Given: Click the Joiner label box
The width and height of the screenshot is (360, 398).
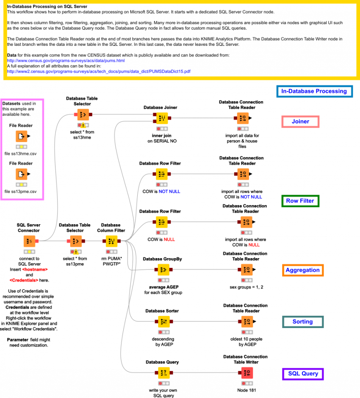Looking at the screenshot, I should pyautogui.click(x=300, y=122).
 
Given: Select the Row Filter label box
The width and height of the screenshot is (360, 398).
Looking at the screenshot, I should pyautogui.click(x=300, y=201).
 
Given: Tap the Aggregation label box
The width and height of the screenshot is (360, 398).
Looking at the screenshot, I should pyautogui.click(x=302, y=270).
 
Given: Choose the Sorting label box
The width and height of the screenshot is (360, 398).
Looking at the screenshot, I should pyautogui.click(x=302, y=322).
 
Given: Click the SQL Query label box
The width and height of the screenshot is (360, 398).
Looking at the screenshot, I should pyautogui.click(x=303, y=374).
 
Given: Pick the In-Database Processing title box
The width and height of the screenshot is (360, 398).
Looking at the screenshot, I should pyautogui.click(x=314, y=91).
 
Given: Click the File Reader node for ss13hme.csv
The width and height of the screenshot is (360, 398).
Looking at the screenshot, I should pyautogui.click(x=22, y=136).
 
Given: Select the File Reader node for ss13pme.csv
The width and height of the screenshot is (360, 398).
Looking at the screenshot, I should pyautogui.click(x=22, y=174).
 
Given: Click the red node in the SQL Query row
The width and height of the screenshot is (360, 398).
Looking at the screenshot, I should pyautogui.click(x=247, y=373).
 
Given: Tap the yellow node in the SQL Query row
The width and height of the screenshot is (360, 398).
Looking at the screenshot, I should pyautogui.click(x=163, y=373).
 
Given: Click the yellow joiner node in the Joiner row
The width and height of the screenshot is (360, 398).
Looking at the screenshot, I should pyautogui.click(x=162, y=118).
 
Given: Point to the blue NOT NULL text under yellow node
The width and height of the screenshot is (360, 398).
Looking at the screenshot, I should pyautogui.click(x=169, y=192).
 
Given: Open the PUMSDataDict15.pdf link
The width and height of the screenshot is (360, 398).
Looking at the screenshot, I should pyautogui.click(x=99, y=71).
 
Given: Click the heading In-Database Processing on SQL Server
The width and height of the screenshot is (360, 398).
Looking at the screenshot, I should pyautogui.click(x=47, y=7).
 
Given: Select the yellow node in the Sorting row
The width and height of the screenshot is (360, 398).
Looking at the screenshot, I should pyautogui.click(x=163, y=322).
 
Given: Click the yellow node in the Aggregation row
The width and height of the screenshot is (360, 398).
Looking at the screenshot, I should pyautogui.click(x=163, y=270).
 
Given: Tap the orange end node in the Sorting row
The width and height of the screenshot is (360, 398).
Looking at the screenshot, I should pyautogui.click(x=247, y=322).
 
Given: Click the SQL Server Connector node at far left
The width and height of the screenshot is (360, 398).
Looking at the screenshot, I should pyautogui.click(x=29, y=241).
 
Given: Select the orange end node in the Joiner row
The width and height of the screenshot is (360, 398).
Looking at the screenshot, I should pyautogui.click(x=243, y=118).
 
